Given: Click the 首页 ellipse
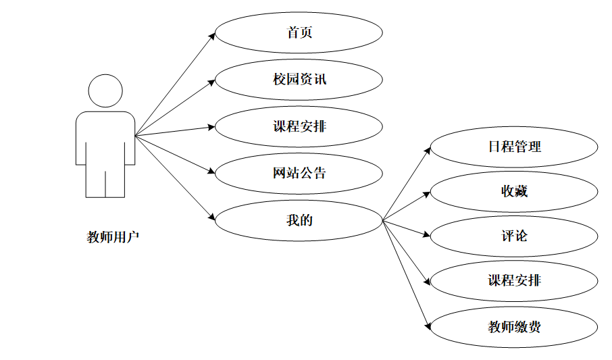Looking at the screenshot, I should click(x=299, y=32).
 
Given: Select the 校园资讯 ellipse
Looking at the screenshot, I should click(x=299, y=80).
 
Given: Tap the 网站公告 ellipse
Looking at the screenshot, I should click(x=299, y=173).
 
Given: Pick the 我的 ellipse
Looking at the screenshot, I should click(x=299, y=220).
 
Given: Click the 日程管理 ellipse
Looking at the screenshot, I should click(x=514, y=147).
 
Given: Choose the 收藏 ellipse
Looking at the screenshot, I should click(x=514, y=191).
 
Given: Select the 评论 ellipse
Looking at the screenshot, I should click(x=514, y=236).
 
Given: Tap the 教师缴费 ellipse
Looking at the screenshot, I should click(x=514, y=328).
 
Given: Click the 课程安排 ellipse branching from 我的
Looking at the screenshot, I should click(x=514, y=281).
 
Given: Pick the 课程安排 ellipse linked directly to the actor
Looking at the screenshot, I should click(x=299, y=126).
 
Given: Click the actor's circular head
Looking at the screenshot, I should click(x=106, y=91).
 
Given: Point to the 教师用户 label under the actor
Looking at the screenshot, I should click(x=113, y=237).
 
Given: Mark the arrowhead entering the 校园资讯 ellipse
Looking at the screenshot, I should click(x=211, y=82).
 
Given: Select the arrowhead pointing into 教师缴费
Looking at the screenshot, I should click(x=428, y=326).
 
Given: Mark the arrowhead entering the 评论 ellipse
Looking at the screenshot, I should click(x=427, y=236).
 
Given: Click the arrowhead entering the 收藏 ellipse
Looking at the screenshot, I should click(x=427, y=193).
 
